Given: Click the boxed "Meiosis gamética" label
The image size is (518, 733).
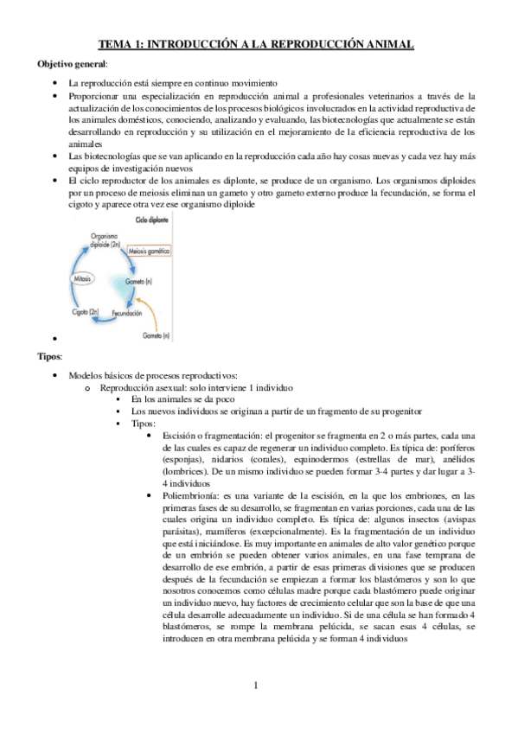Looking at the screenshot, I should (x=147, y=250).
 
